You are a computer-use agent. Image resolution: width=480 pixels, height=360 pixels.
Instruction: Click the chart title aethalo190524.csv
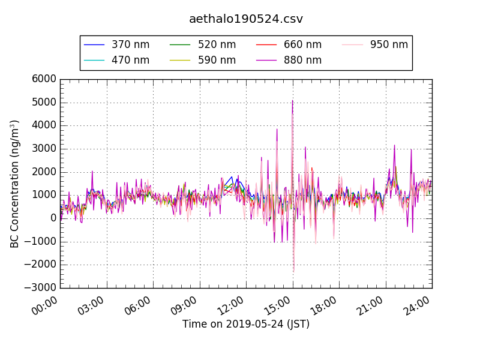[x=246, y=19]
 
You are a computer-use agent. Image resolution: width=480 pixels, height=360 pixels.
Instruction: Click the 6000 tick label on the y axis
[x=45, y=79]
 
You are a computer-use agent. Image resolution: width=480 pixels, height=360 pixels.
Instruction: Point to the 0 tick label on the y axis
[x=53, y=218]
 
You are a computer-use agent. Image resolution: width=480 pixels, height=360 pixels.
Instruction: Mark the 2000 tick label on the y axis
[x=45, y=172]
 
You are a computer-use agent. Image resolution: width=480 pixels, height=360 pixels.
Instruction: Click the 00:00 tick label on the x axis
[x=46, y=306]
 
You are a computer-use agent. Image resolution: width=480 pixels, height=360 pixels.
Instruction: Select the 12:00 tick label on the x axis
[x=232, y=306]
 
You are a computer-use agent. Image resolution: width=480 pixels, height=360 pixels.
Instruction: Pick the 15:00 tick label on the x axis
[x=278, y=306]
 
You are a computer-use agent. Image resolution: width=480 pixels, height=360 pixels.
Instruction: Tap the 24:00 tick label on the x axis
[x=418, y=306]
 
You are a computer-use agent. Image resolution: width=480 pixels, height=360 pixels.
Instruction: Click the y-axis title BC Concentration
[x=15, y=184]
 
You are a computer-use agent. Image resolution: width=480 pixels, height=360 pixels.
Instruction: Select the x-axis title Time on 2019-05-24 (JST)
[x=246, y=325]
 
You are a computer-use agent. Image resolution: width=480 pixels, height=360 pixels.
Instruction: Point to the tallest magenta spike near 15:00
[x=292, y=101]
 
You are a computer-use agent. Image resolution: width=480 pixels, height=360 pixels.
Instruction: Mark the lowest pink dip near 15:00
[x=293, y=271]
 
